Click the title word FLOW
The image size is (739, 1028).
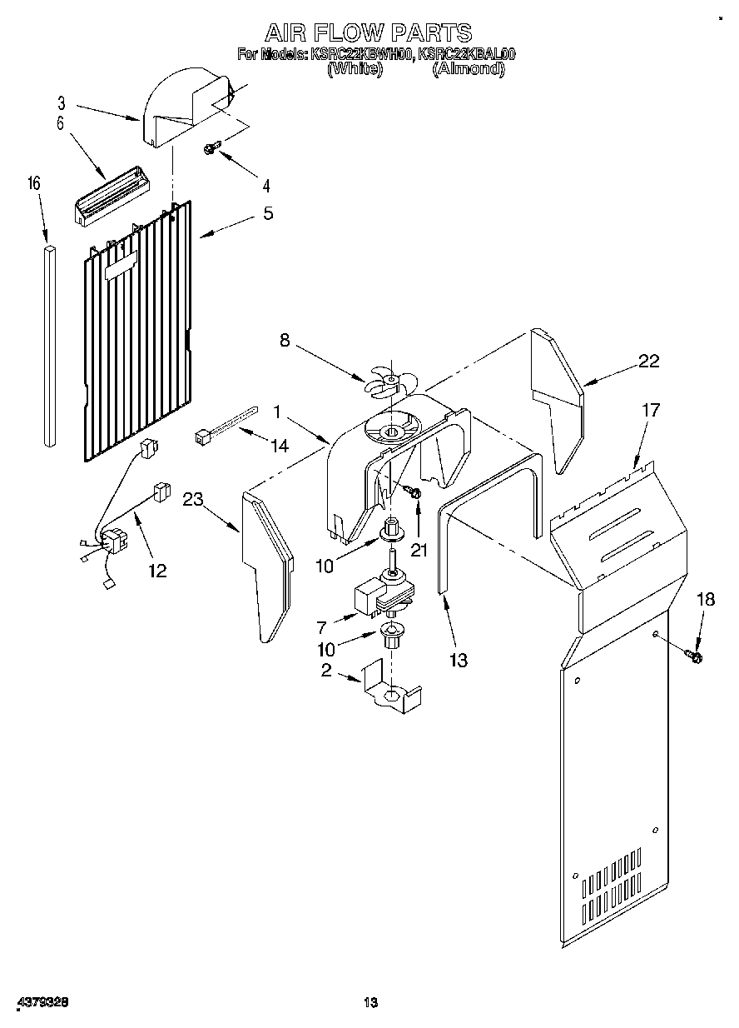[x=364, y=32]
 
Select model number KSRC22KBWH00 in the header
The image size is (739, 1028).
[x=360, y=55]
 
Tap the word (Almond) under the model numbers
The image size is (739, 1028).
[x=469, y=70]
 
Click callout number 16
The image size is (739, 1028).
[x=35, y=183]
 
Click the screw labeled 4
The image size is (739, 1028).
[x=211, y=149]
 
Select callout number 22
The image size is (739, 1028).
[x=648, y=361]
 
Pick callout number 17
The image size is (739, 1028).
[x=650, y=410]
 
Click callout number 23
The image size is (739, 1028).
[x=193, y=500]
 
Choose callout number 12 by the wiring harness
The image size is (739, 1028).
[x=156, y=571]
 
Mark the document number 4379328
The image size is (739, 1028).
[x=41, y=1001]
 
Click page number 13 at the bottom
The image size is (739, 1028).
[x=370, y=1002]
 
